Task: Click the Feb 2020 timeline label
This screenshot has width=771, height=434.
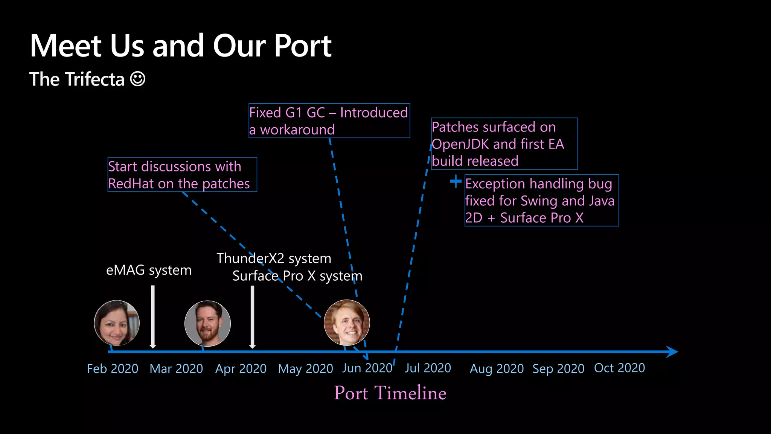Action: tap(113, 368)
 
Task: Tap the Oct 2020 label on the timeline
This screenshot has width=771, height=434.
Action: tap(619, 368)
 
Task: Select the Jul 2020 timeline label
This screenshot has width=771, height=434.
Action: tap(428, 368)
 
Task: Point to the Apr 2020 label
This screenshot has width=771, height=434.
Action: tap(241, 368)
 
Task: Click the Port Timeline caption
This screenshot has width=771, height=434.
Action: tap(390, 393)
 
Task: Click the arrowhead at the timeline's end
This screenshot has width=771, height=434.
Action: tap(672, 351)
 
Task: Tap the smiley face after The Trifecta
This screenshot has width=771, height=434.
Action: tap(137, 79)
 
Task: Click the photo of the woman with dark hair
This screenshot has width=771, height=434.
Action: tap(117, 323)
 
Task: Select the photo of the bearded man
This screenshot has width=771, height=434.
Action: tap(207, 323)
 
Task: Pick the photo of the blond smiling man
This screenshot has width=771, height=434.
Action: tap(347, 322)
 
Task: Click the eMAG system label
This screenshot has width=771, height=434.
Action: tap(149, 270)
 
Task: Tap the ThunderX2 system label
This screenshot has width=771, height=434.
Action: tap(274, 258)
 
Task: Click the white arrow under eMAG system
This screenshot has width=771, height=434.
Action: tap(152, 316)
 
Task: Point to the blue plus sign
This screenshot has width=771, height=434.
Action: tap(456, 181)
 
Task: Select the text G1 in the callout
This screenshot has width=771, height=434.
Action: tap(294, 113)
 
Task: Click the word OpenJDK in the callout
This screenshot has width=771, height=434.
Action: tap(460, 144)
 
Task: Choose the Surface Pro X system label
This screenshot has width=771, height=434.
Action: tap(297, 276)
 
